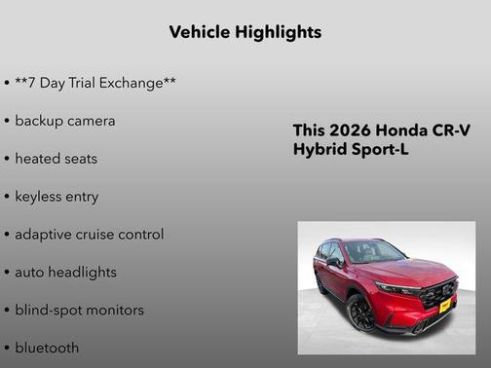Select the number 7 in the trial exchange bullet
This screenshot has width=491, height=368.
pos(34,83)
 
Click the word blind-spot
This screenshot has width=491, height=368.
pos(50,311)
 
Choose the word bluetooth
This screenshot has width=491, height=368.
pos(47,348)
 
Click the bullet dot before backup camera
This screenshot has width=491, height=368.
pos(7,122)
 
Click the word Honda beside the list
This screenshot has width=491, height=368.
pos(396,130)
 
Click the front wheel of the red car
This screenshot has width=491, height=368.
pos(362,313)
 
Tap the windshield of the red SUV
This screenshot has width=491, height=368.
pos(374,252)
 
